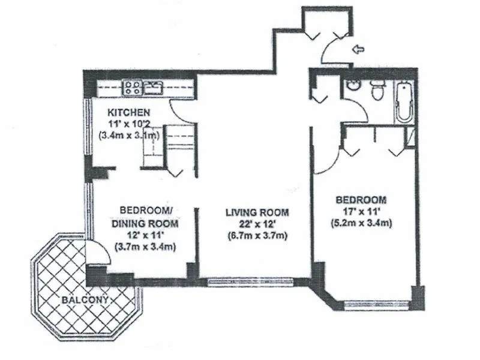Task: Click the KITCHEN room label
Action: pos(129,113)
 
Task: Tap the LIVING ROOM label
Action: pos(257,212)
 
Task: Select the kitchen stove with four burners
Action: pos(132,88)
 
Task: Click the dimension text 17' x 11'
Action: pos(361,212)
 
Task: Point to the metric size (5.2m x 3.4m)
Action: pos(361,224)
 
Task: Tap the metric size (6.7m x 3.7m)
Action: pos(257,235)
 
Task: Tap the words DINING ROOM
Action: pos(144,223)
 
